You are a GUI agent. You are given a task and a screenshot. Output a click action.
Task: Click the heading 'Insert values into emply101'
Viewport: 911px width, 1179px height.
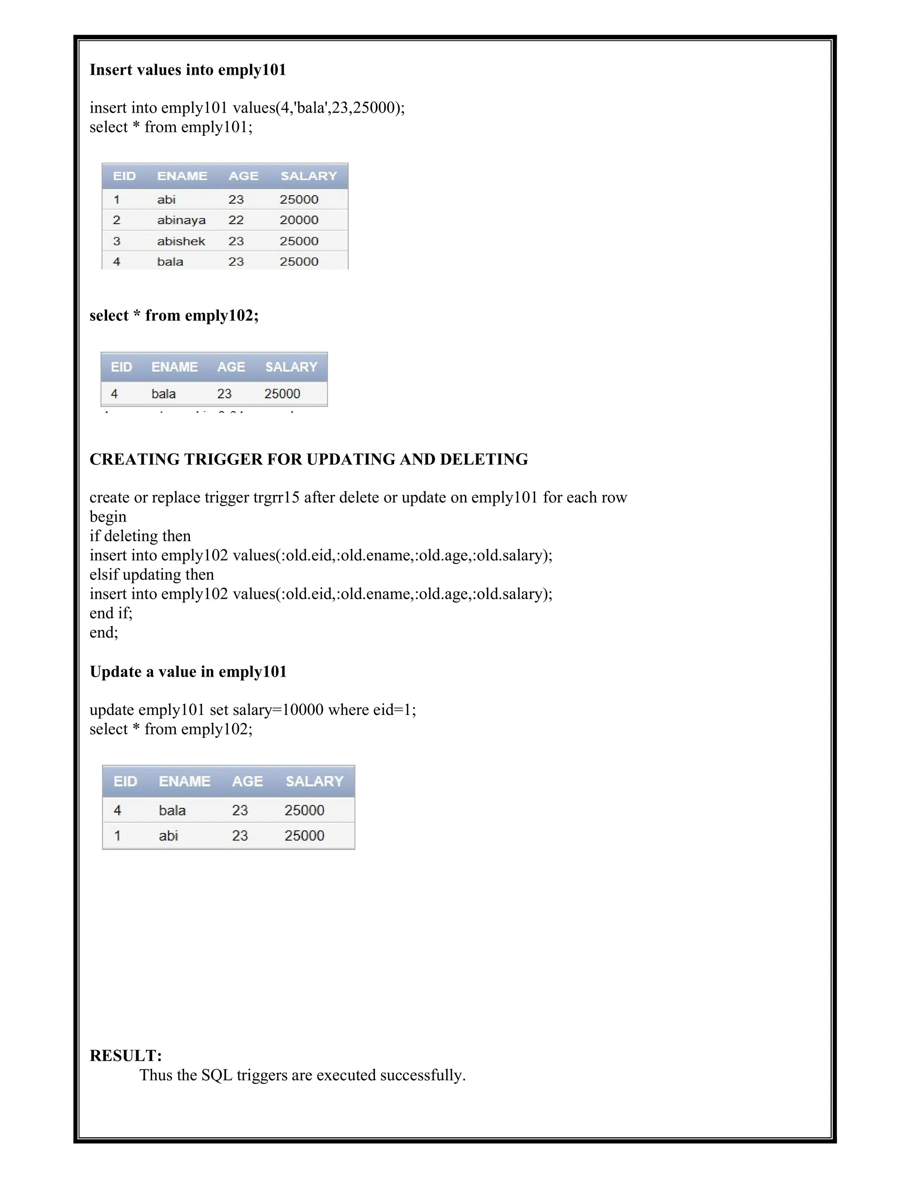point(187,70)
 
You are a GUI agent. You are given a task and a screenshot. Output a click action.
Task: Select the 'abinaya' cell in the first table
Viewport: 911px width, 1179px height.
point(181,220)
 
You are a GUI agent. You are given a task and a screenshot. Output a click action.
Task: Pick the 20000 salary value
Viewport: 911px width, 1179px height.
point(298,220)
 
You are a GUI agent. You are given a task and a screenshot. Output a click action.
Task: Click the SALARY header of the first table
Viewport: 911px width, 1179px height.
point(309,176)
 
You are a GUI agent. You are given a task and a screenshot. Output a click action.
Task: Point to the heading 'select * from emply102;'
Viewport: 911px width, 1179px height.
point(174,315)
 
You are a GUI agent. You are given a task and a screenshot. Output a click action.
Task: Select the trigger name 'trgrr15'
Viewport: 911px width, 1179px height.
point(276,497)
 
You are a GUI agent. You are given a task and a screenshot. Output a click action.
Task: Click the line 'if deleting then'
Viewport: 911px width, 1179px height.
point(140,536)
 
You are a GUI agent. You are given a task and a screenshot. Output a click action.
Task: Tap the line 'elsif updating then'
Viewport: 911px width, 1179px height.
point(151,574)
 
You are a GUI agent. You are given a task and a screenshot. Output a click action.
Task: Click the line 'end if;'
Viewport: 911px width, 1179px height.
point(111,613)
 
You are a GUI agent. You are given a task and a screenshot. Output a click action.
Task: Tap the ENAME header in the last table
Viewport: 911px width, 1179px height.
point(184,781)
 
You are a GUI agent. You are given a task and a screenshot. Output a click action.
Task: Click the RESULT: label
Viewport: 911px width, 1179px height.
point(125,1055)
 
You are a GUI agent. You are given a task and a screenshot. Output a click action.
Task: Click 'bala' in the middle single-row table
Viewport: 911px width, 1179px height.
point(164,394)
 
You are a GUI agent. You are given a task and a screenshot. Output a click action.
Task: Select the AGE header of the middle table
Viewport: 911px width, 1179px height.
point(231,367)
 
